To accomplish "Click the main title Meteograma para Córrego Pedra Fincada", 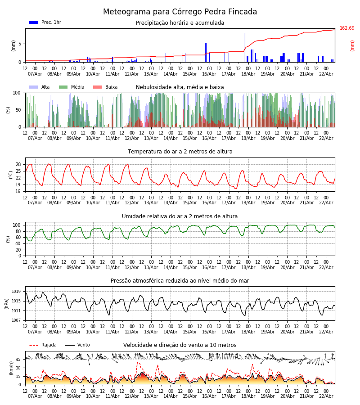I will (180, 12).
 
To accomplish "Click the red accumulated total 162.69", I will (347, 28).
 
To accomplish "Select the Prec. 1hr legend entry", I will (51, 22).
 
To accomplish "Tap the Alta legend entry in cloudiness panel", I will (45, 87).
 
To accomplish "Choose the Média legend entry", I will (77, 87).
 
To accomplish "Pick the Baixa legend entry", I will (111, 87).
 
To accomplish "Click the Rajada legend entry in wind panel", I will (49, 345).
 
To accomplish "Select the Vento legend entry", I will (83, 345).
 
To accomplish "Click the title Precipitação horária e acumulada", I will (180, 23).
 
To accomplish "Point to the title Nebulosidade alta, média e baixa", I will (180, 87).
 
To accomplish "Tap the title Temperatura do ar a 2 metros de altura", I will (180, 152).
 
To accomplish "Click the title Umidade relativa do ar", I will (180, 216).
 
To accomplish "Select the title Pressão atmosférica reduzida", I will (180, 281).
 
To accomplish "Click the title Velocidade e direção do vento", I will (180, 345).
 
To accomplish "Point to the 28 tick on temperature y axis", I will (19, 164).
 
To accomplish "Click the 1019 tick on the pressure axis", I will (17, 292).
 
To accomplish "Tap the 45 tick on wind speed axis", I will (18, 360).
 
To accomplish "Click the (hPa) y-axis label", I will (7, 303).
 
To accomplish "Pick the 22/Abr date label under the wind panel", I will (326, 396).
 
